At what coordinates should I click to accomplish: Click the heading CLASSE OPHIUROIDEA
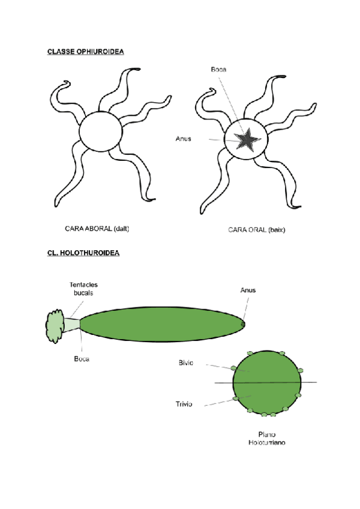(x=85, y=52)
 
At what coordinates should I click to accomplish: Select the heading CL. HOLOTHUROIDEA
(x=83, y=253)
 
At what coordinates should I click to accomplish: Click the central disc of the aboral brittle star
(x=100, y=132)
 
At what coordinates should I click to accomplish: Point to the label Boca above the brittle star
(x=218, y=70)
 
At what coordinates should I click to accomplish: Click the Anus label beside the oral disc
(x=183, y=139)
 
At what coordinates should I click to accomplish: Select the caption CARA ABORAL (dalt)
(x=97, y=229)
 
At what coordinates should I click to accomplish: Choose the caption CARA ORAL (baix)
(x=256, y=229)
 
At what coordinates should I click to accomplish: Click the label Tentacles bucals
(x=82, y=288)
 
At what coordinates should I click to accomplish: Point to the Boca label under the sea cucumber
(x=82, y=359)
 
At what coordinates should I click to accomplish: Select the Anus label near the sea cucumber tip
(x=248, y=291)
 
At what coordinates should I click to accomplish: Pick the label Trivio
(x=184, y=405)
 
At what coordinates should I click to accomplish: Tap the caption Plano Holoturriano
(x=266, y=439)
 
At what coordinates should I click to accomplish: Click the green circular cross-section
(x=266, y=384)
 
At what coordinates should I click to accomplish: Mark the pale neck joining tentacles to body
(x=73, y=325)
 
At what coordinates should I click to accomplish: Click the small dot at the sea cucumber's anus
(x=243, y=325)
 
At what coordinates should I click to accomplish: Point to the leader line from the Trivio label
(x=218, y=402)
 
